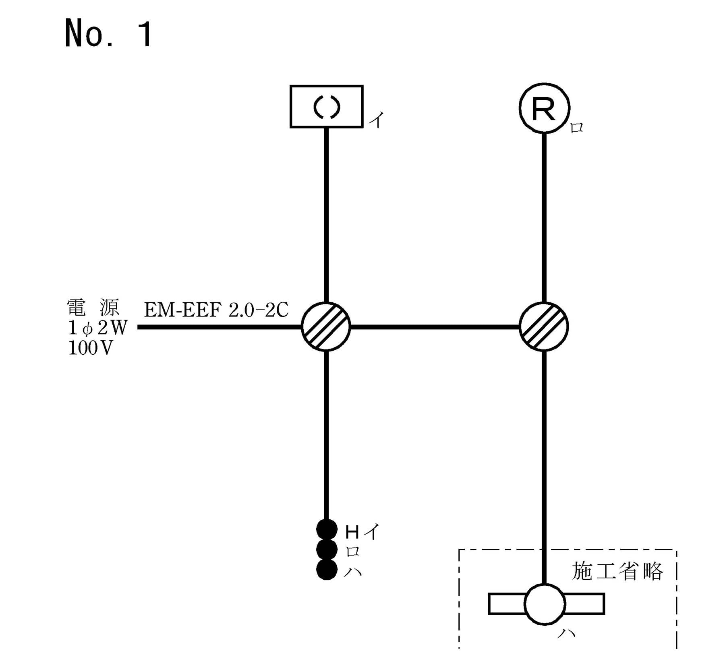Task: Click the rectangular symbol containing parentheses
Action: point(326,107)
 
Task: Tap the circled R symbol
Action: point(544,108)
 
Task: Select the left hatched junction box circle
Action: point(326,326)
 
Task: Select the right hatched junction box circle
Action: point(544,326)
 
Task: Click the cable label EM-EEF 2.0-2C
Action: point(216,310)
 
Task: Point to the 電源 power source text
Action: point(93,308)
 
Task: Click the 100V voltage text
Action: point(90,348)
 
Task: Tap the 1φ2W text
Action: point(97,328)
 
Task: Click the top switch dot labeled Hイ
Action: point(327,529)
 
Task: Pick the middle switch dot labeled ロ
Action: point(327,549)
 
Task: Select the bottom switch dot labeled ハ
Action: point(327,569)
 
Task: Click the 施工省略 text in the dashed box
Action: point(617,571)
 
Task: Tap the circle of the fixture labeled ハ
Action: point(545,604)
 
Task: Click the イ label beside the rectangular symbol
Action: point(377,120)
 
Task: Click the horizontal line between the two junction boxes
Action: point(435,327)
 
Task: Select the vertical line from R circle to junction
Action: point(544,217)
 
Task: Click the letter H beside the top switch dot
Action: point(352,533)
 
